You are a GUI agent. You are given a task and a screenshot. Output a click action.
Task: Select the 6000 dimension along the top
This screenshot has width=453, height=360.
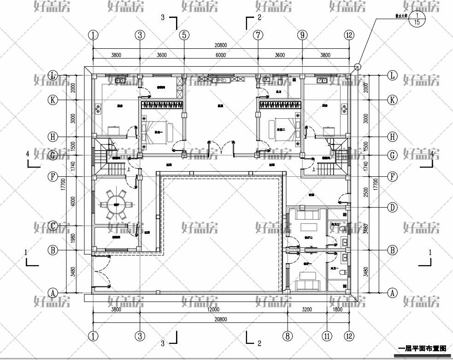click(x=220, y=55)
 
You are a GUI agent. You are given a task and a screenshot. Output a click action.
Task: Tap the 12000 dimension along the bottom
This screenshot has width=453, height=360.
click(x=213, y=310)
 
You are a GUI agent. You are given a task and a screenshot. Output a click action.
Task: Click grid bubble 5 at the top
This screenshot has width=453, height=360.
click(x=184, y=35)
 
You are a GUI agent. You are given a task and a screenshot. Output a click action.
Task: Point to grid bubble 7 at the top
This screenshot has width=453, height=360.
click(x=258, y=35)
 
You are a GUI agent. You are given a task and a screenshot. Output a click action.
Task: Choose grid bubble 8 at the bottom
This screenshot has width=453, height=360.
click(x=288, y=337)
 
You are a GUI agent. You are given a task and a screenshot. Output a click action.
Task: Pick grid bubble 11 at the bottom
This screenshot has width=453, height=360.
click(x=327, y=337)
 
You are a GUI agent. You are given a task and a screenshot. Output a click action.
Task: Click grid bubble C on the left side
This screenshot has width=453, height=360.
click(x=53, y=226)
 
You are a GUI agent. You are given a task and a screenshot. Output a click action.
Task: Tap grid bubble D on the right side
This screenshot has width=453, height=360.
click(x=392, y=207)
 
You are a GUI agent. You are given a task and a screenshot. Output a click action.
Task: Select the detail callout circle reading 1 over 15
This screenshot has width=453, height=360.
click(x=417, y=19)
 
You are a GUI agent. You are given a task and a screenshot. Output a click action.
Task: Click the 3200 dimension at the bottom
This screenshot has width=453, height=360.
click(x=307, y=310)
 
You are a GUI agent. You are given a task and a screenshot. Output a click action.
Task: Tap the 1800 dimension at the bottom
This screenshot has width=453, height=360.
click(x=338, y=310)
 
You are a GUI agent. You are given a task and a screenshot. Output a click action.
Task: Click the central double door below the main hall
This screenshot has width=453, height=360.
click(x=222, y=148)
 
